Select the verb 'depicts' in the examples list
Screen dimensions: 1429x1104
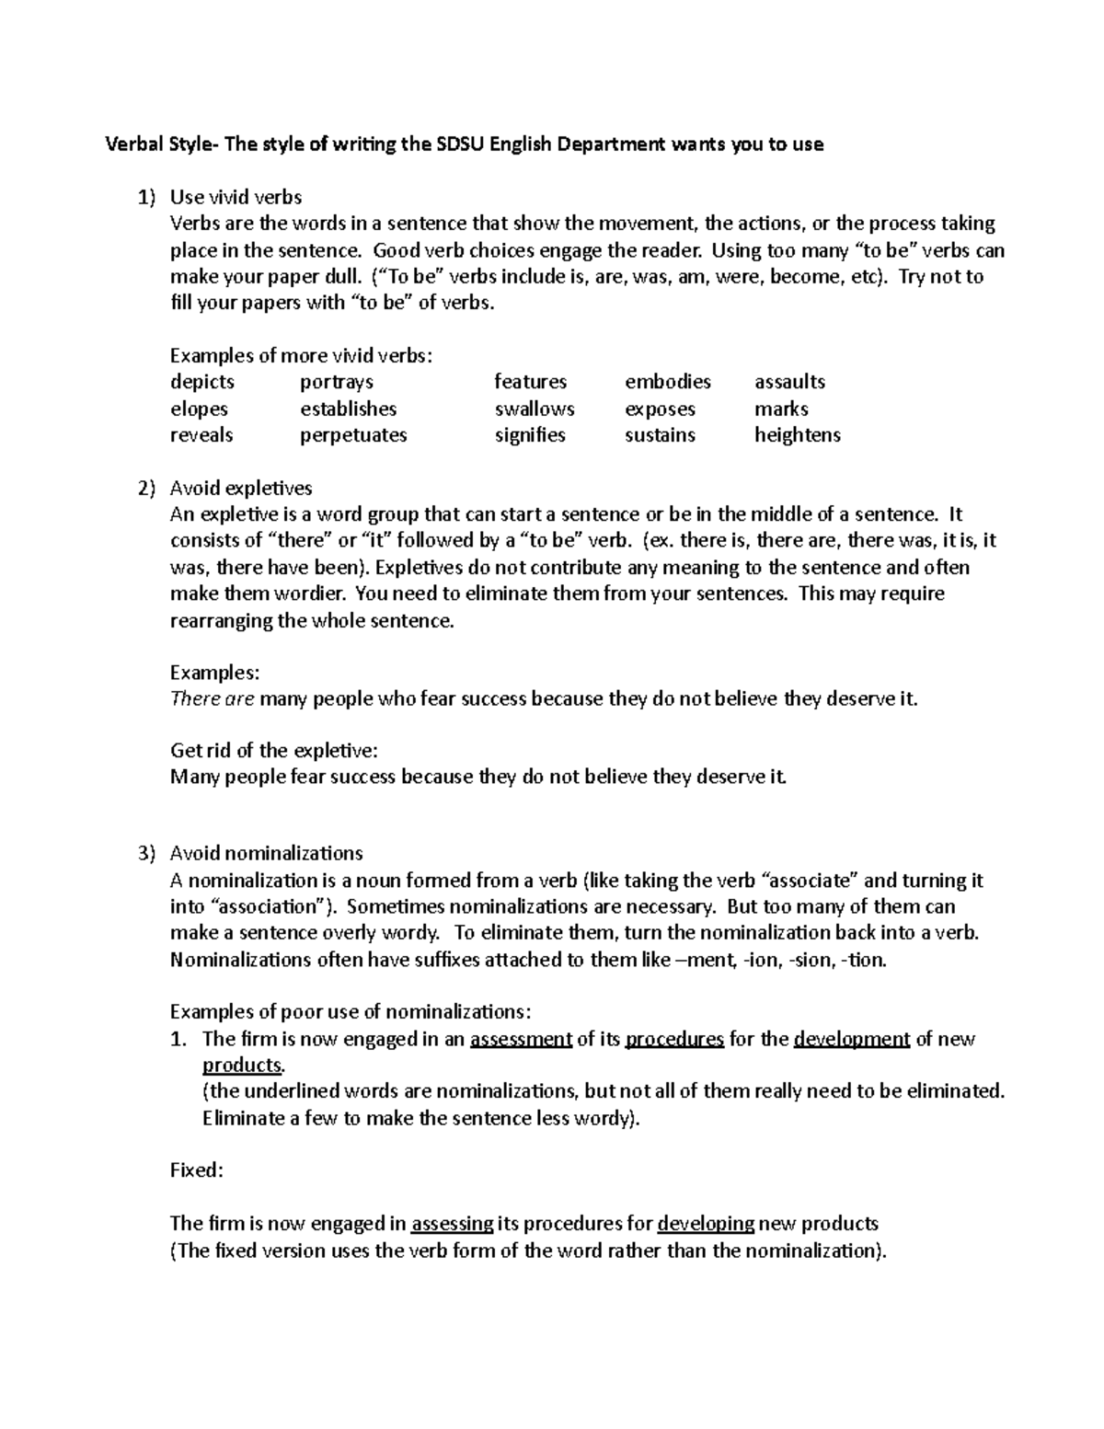(202, 382)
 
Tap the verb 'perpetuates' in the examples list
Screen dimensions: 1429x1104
(353, 435)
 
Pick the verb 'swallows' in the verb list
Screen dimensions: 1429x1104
(535, 409)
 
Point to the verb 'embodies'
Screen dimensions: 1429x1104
(668, 382)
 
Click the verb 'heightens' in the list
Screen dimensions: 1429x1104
(798, 435)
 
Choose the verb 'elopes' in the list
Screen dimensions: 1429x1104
(199, 409)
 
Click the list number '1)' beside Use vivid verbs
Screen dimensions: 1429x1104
(147, 197)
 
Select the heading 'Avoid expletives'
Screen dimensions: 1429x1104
(241, 488)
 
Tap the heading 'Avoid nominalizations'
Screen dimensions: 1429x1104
(266, 853)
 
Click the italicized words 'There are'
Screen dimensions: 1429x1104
(213, 698)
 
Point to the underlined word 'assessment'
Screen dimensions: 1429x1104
(521, 1039)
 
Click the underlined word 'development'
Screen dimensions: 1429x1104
(851, 1039)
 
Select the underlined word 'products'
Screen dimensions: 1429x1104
(242, 1066)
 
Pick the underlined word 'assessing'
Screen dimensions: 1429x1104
(452, 1224)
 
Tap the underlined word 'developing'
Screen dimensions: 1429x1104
(706, 1224)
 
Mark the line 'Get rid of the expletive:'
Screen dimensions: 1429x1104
(274, 750)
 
